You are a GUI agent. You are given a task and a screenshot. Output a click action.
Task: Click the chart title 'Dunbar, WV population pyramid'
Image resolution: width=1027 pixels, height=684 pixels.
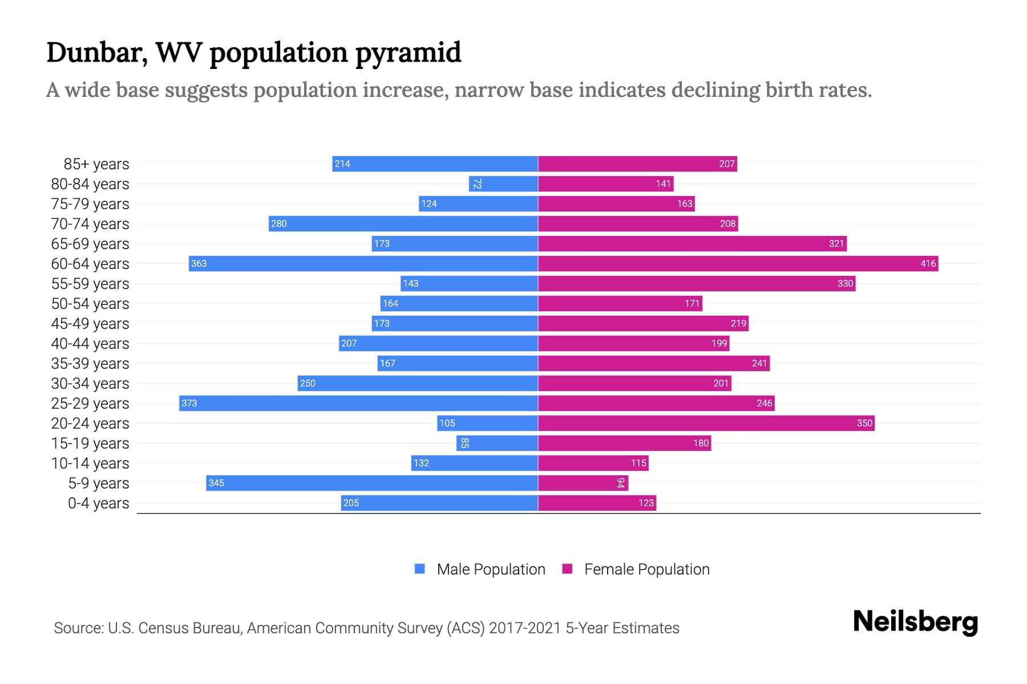pos(253,52)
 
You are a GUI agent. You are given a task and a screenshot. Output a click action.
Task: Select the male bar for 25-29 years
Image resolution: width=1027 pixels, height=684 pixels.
pos(358,403)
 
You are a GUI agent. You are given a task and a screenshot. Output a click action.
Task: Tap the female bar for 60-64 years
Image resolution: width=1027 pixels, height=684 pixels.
pos(738,263)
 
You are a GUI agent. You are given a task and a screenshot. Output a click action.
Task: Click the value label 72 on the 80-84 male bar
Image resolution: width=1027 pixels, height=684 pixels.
pos(477,184)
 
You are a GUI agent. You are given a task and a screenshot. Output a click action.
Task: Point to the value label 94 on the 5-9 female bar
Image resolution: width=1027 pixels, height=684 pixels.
pos(621,483)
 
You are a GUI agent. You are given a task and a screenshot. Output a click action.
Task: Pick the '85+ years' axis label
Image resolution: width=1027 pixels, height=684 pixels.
pos(96,164)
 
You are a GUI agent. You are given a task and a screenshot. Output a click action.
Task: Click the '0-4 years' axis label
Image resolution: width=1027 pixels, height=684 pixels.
pos(98,503)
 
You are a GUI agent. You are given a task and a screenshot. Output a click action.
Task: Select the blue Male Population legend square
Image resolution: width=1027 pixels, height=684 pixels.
pos(420,569)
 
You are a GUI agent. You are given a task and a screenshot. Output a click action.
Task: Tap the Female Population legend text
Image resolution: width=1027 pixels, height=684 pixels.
pos(646,569)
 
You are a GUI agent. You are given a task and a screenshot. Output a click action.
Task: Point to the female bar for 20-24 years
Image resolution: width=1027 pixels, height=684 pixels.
pos(706,423)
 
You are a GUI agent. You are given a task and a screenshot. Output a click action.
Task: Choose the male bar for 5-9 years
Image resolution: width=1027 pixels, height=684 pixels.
pos(372,483)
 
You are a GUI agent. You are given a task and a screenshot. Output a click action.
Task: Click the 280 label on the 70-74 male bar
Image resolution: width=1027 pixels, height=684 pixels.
pos(278,223)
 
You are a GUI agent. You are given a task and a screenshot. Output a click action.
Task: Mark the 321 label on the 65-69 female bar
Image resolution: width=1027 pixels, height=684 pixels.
pos(836,243)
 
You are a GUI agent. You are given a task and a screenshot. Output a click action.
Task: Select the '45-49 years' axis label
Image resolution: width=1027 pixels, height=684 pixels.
pos(90,324)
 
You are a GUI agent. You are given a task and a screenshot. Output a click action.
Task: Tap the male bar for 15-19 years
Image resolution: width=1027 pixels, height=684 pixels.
pos(497,443)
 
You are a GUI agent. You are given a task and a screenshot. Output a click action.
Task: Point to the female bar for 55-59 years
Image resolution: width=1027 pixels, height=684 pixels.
pos(696,283)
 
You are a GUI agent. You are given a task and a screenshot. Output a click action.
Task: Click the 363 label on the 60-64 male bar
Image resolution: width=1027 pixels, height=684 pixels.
pos(199,263)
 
